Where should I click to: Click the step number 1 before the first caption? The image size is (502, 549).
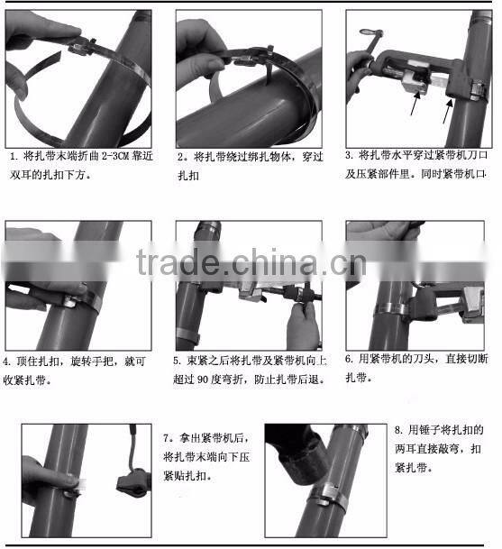[13, 155]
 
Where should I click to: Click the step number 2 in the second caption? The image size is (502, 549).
[180, 156]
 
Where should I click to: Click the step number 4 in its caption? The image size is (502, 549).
[7, 361]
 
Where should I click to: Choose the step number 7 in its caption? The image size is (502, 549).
[168, 438]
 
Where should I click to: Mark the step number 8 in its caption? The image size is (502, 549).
[398, 429]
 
